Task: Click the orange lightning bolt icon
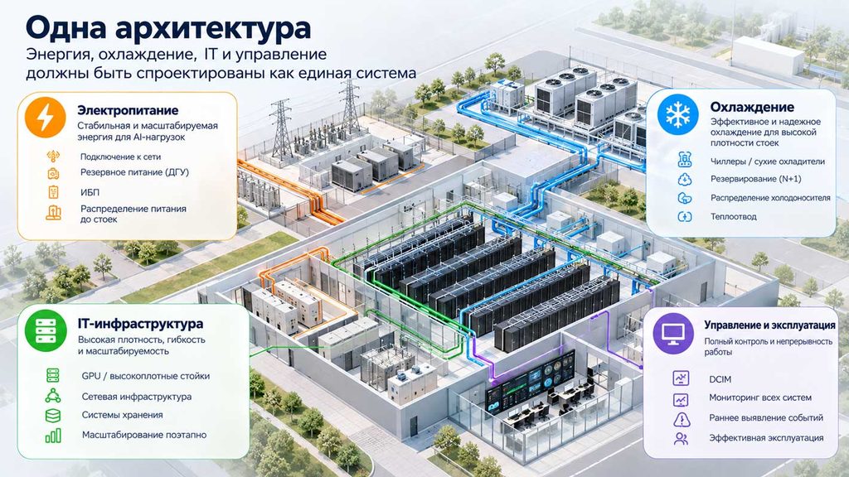tap(46, 118)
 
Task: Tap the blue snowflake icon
tap(678, 114)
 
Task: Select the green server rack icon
tap(46, 330)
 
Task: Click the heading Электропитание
tap(128, 110)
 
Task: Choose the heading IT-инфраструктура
tap(141, 324)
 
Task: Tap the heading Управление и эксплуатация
tap(769, 325)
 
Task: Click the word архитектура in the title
tap(213, 28)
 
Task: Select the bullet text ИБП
tap(90, 192)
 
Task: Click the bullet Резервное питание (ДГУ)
tap(134, 172)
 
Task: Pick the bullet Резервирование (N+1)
tap(756, 179)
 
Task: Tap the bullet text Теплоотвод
tap(734, 216)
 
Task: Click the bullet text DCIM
tap(720, 379)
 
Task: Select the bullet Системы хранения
tap(123, 415)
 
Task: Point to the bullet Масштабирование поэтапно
tap(144, 435)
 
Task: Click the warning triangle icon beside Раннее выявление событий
tap(682, 418)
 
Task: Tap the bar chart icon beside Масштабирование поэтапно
tap(53, 436)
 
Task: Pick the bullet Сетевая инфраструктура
tap(137, 397)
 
